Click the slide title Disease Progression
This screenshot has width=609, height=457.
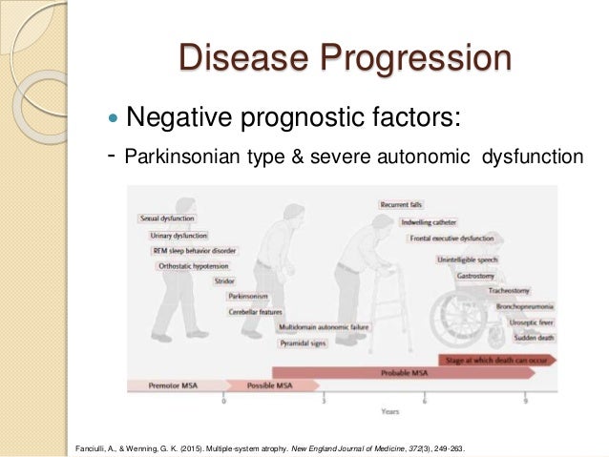(x=344, y=58)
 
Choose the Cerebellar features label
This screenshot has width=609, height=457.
(x=255, y=311)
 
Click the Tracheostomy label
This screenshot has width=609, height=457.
(x=517, y=290)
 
